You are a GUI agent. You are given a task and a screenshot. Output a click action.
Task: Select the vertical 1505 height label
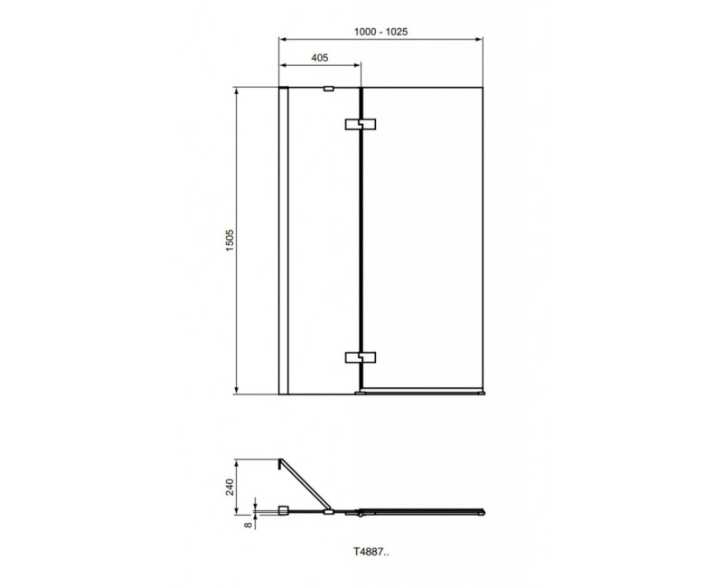tap(229, 242)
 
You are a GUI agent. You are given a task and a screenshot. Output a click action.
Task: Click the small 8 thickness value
tap(246, 520)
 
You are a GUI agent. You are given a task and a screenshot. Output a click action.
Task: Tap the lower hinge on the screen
tap(360, 357)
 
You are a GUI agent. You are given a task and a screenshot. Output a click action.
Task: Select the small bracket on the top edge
tap(327, 89)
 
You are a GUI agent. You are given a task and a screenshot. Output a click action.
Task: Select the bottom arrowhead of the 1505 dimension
tap(238, 391)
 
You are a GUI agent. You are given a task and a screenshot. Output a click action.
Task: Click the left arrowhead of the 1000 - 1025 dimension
tap(282, 39)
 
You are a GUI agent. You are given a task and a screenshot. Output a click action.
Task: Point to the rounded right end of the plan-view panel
tap(483, 513)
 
